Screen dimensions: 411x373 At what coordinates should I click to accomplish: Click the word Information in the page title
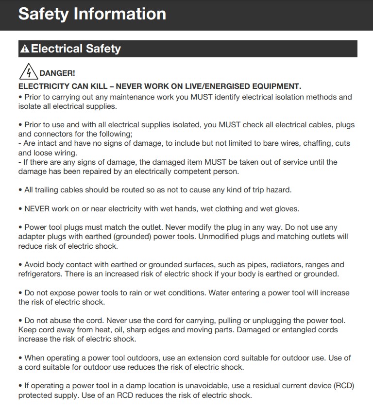(120, 14)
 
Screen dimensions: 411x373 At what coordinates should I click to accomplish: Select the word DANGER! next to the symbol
(57, 73)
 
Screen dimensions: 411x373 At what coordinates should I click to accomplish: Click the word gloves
(287, 208)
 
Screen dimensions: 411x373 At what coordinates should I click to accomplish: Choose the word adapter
(33, 237)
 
